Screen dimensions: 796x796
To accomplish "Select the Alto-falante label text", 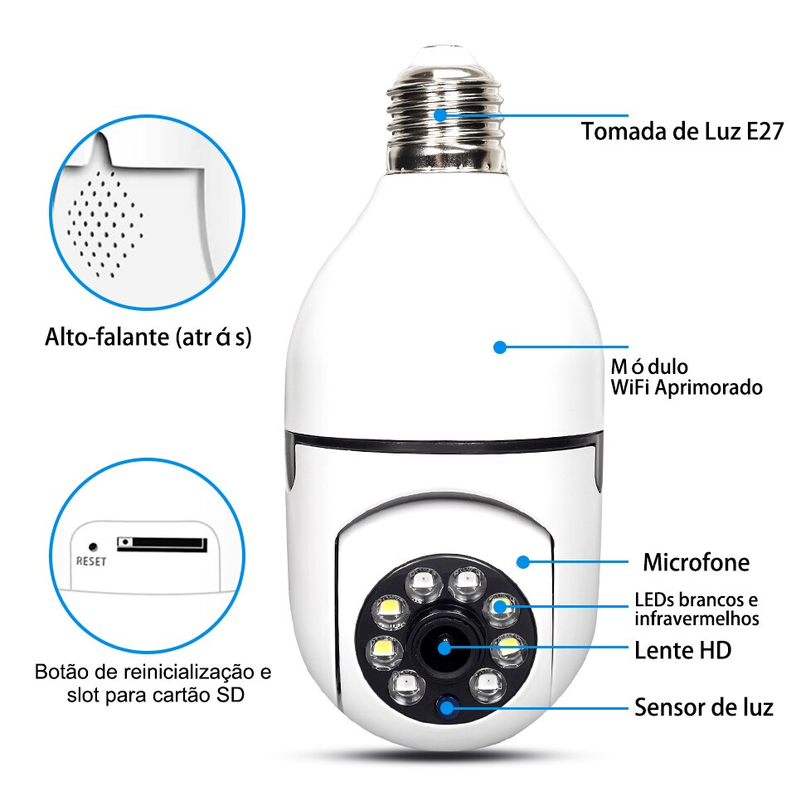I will (x=148, y=337).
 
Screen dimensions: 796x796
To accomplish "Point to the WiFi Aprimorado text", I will (x=686, y=386).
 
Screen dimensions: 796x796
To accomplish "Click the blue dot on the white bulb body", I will (x=499, y=347).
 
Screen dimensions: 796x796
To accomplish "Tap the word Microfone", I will (x=696, y=563).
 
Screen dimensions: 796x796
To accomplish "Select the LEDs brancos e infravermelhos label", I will (x=696, y=609).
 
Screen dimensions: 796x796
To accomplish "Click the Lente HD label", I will (x=682, y=650).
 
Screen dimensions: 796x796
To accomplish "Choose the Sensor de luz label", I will (x=703, y=707).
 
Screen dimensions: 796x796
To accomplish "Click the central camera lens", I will (x=444, y=646).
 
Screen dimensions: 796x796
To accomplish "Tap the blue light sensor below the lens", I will (x=449, y=706).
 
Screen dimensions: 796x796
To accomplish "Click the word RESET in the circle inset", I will (x=91, y=561).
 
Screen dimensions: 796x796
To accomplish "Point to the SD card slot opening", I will (x=162, y=544).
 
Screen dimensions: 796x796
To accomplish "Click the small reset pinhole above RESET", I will (x=93, y=546).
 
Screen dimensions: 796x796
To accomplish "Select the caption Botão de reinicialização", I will (x=153, y=671).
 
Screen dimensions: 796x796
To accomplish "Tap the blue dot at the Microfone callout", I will (x=523, y=561).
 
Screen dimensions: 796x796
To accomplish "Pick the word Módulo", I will (x=649, y=366).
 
